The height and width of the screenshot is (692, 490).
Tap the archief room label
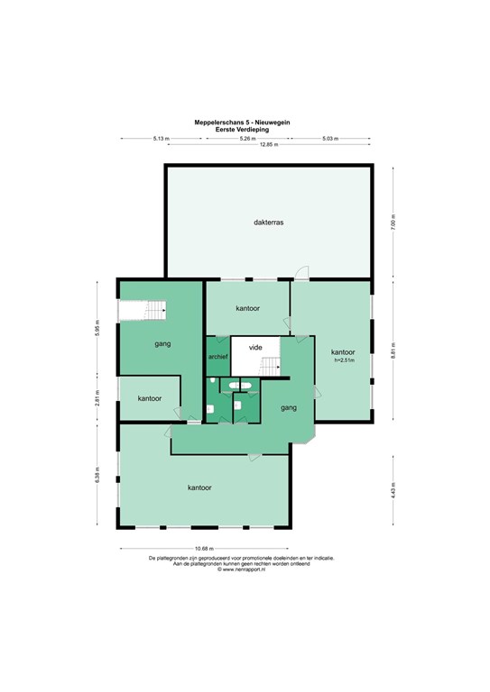[x=217, y=358]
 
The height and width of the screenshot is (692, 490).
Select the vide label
[x=255, y=347]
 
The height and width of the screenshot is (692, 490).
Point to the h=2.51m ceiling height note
[x=343, y=360]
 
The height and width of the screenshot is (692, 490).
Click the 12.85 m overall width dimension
[x=263, y=144]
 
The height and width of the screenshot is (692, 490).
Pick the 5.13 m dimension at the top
[x=161, y=138]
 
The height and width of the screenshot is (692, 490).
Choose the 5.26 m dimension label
[x=246, y=138]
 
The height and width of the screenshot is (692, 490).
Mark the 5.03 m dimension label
[x=330, y=138]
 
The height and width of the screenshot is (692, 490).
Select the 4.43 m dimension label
[x=393, y=492]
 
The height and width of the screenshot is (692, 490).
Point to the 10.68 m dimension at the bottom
[x=205, y=549]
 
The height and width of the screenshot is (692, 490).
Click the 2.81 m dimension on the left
[x=97, y=397]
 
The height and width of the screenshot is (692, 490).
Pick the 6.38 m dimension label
[x=97, y=476]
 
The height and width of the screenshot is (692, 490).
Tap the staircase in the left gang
[x=143, y=311]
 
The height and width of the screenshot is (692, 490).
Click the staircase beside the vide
[x=273, y=365]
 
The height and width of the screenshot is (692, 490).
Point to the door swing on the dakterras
[x=304, y=273]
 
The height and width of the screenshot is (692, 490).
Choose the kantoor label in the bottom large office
[x=199, y=487]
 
